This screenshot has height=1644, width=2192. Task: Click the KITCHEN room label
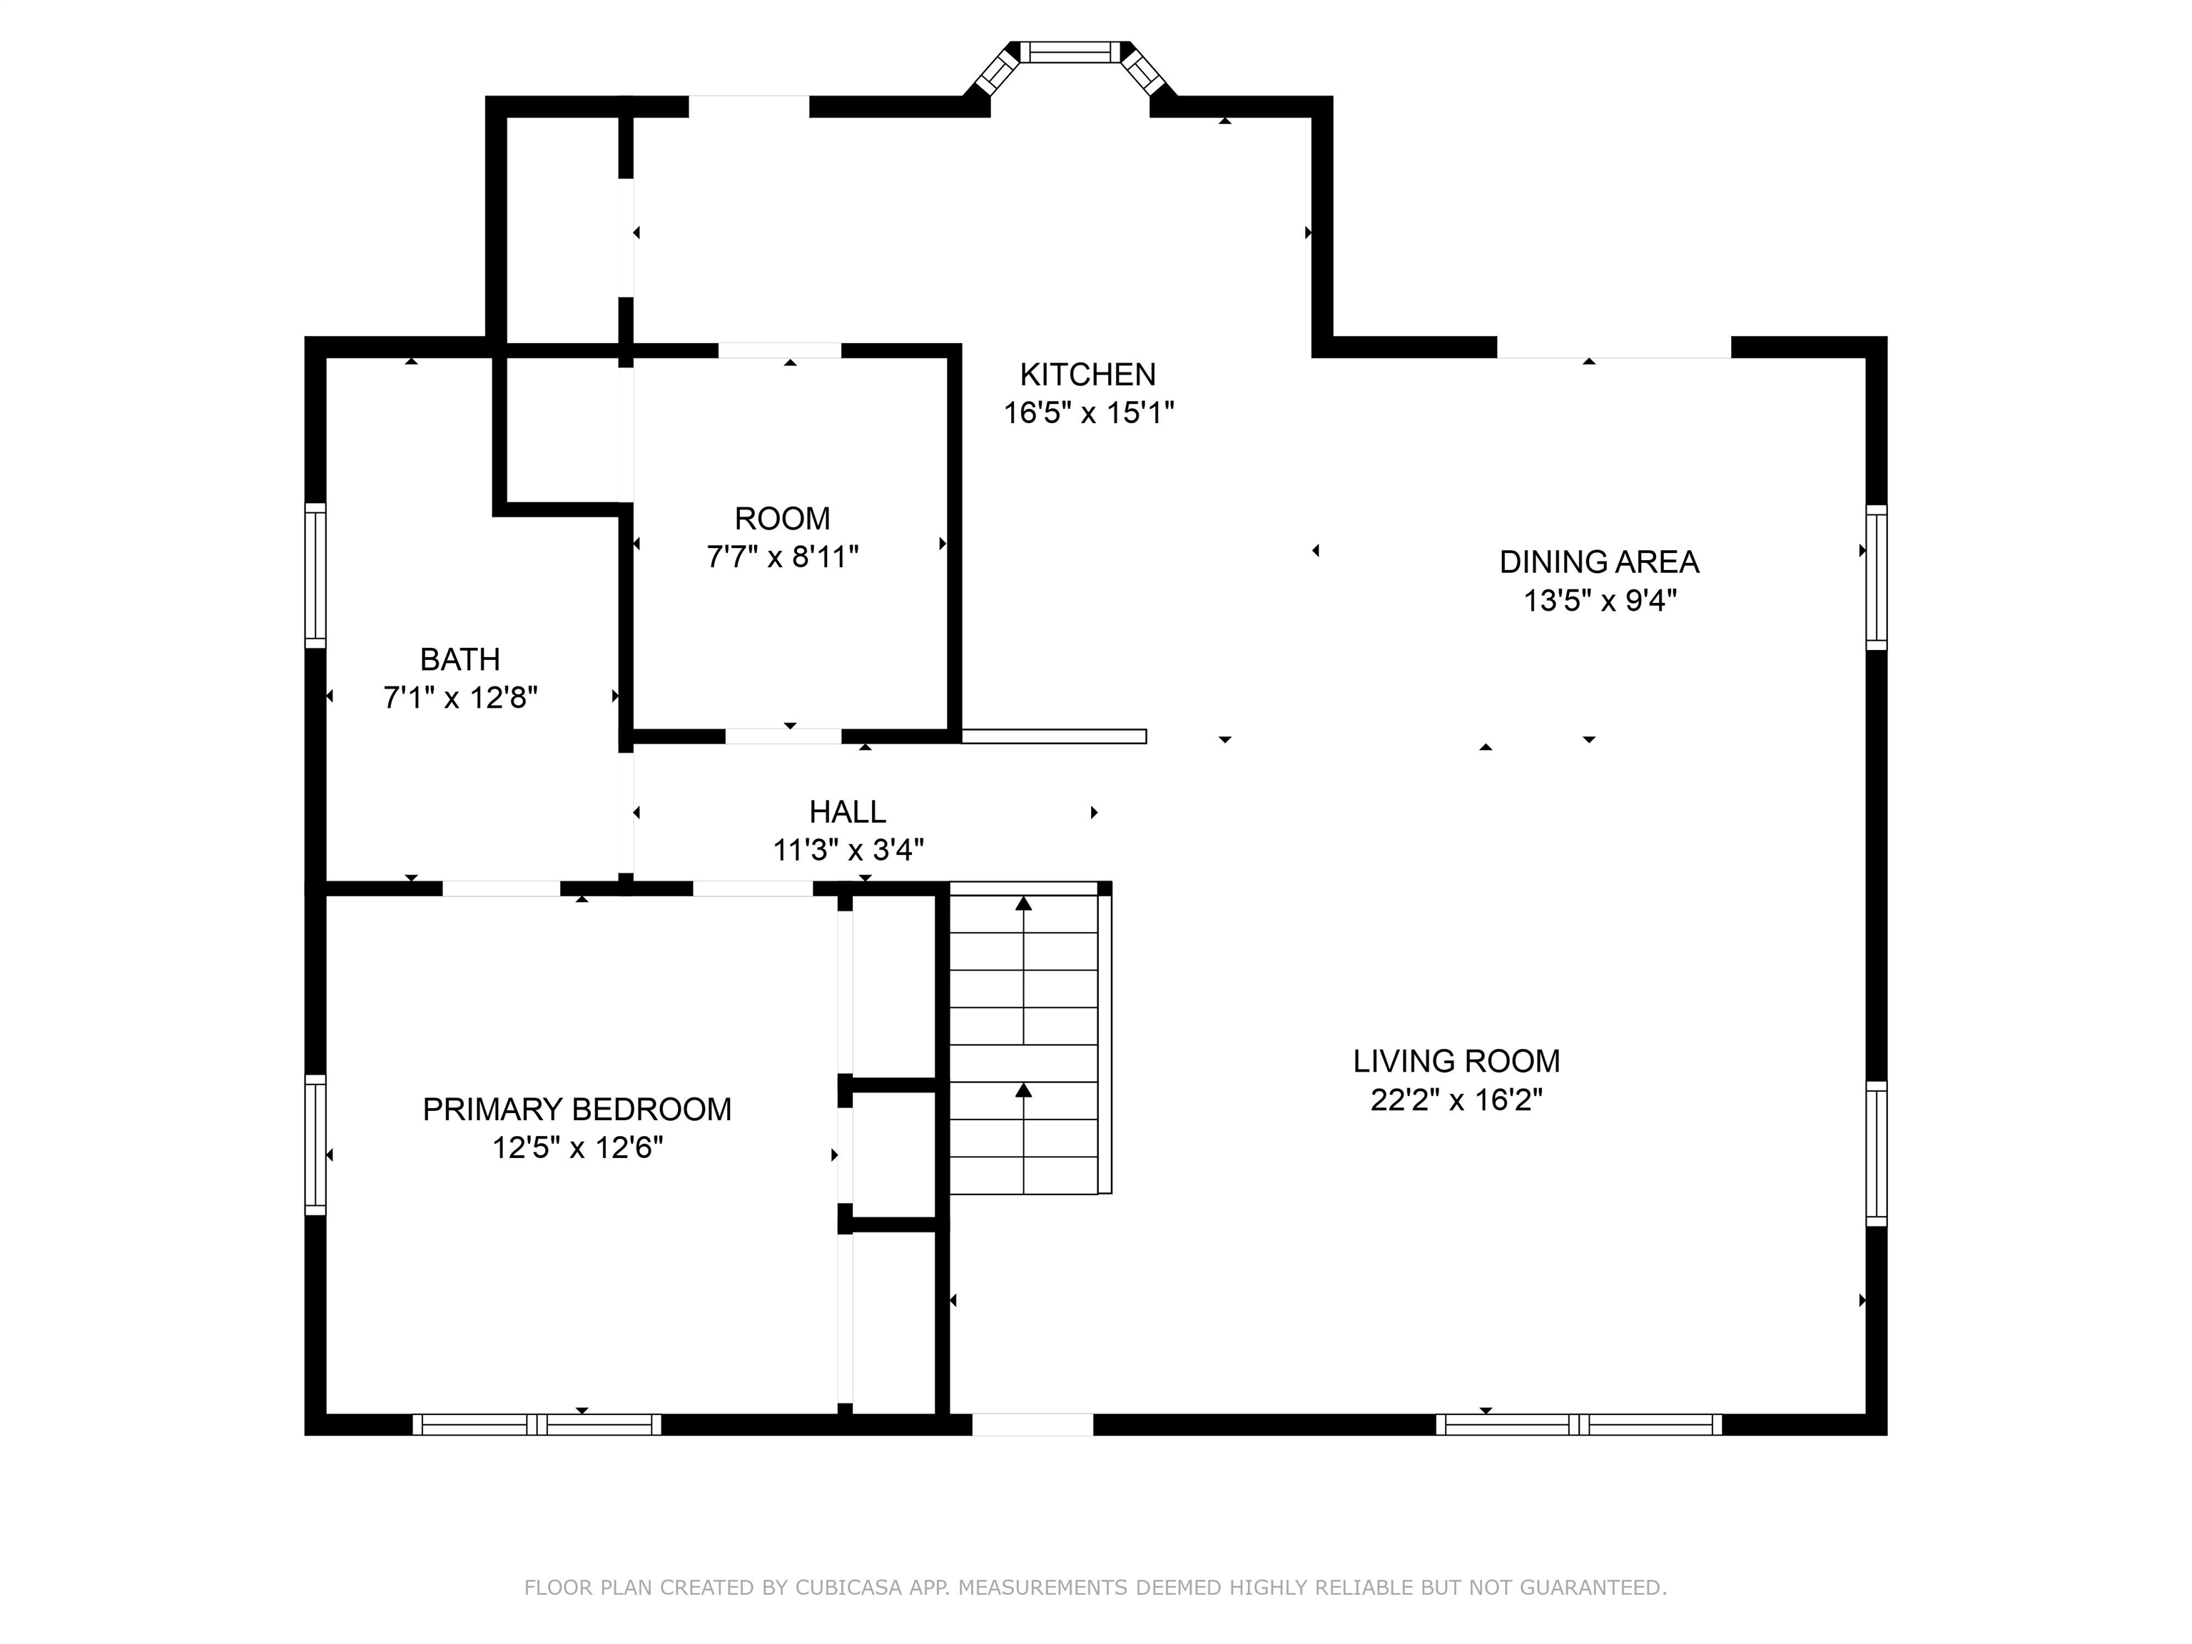pos(1087,375)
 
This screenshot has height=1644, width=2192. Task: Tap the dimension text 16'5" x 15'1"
pos(1088,413)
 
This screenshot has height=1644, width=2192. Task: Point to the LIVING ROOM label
pos(1456,1061)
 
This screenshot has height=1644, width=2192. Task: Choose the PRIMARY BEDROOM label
pos(577,1109)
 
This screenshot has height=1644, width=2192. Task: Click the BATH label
pos(460,659)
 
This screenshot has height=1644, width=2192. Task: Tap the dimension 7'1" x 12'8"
pos(460,698)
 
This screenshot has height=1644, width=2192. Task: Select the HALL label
pos(847,811)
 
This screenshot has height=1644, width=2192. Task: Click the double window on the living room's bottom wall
pos(1578,1425)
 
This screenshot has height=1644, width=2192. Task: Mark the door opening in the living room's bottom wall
pos(1032,1425)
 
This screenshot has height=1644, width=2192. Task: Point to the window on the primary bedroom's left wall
pos(315,1145)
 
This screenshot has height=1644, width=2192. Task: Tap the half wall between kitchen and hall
pos(1053,736)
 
